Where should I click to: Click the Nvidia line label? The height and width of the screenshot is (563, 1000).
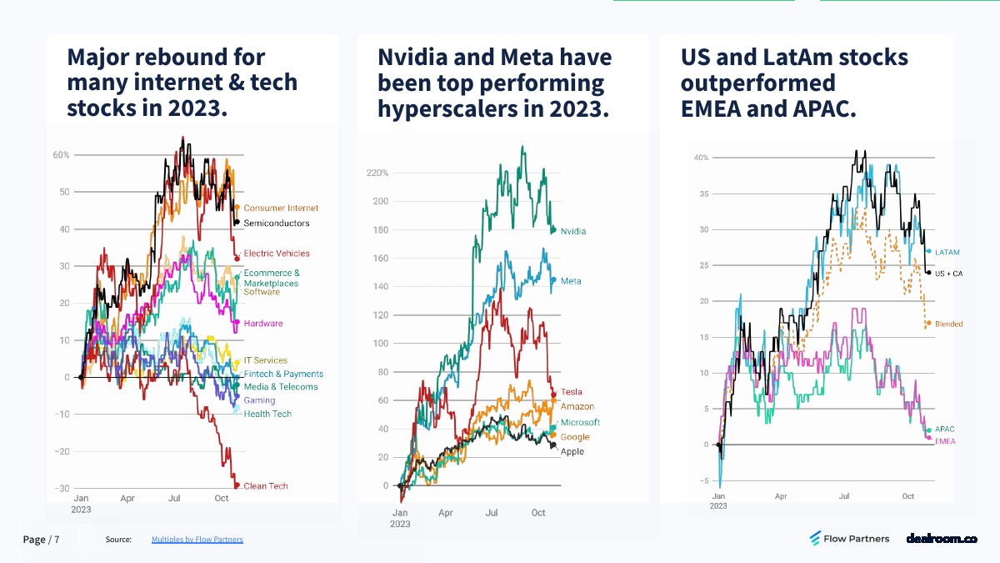coord(573,231)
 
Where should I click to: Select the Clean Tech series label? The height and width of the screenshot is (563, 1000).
coord(266,486)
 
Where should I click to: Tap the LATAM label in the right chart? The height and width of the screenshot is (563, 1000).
coord(947,251)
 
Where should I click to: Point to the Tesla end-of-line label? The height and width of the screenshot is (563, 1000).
coord(572,392)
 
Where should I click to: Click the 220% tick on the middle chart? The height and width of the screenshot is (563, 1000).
coord(377,173)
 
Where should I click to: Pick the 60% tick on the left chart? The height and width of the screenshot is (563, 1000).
coord(61,155)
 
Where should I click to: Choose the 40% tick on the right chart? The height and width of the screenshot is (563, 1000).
coord(701,158)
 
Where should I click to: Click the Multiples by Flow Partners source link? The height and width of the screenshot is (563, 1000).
coord(197,540)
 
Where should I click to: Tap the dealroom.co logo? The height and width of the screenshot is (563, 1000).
coord(941,539)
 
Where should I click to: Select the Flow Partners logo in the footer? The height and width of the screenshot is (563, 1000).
coord(849,539)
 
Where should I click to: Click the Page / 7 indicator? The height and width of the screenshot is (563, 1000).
coord(41,540)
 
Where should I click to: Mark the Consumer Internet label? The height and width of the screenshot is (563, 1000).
coord(281,208)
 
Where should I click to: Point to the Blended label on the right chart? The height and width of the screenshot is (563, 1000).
coord(949,324)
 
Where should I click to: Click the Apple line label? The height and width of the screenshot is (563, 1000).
coord(572,452)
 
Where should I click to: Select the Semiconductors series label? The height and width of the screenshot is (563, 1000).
coord(277,224)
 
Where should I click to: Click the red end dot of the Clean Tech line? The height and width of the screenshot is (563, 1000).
coord(237,485)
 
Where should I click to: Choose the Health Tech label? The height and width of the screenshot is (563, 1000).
coord(267,414)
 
